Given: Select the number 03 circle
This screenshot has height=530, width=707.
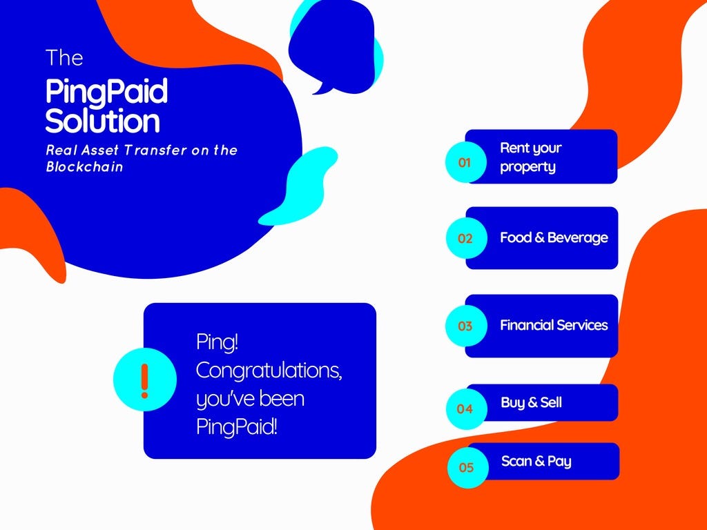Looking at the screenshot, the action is pos(466,326).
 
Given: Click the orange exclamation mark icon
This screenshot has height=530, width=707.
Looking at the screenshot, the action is pos(144,381).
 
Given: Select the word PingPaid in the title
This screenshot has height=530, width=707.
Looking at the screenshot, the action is pos(107,92).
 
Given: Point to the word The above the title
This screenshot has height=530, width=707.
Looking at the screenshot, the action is pos(64,58).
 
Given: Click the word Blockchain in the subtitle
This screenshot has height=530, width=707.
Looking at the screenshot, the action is pos(85,167).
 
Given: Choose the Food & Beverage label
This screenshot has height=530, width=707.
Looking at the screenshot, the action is pos(554,237).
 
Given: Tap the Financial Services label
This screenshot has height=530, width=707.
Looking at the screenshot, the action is pos(554,325).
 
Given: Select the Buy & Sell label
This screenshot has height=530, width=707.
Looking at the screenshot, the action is pos(532,402).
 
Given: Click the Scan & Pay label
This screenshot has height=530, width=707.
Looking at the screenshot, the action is pos(536,461).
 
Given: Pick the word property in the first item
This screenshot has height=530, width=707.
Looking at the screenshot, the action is pos(528,167).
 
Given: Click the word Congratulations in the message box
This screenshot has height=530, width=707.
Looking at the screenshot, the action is pos(269,371).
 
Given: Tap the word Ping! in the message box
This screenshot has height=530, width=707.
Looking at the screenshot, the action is pos(217,342).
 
